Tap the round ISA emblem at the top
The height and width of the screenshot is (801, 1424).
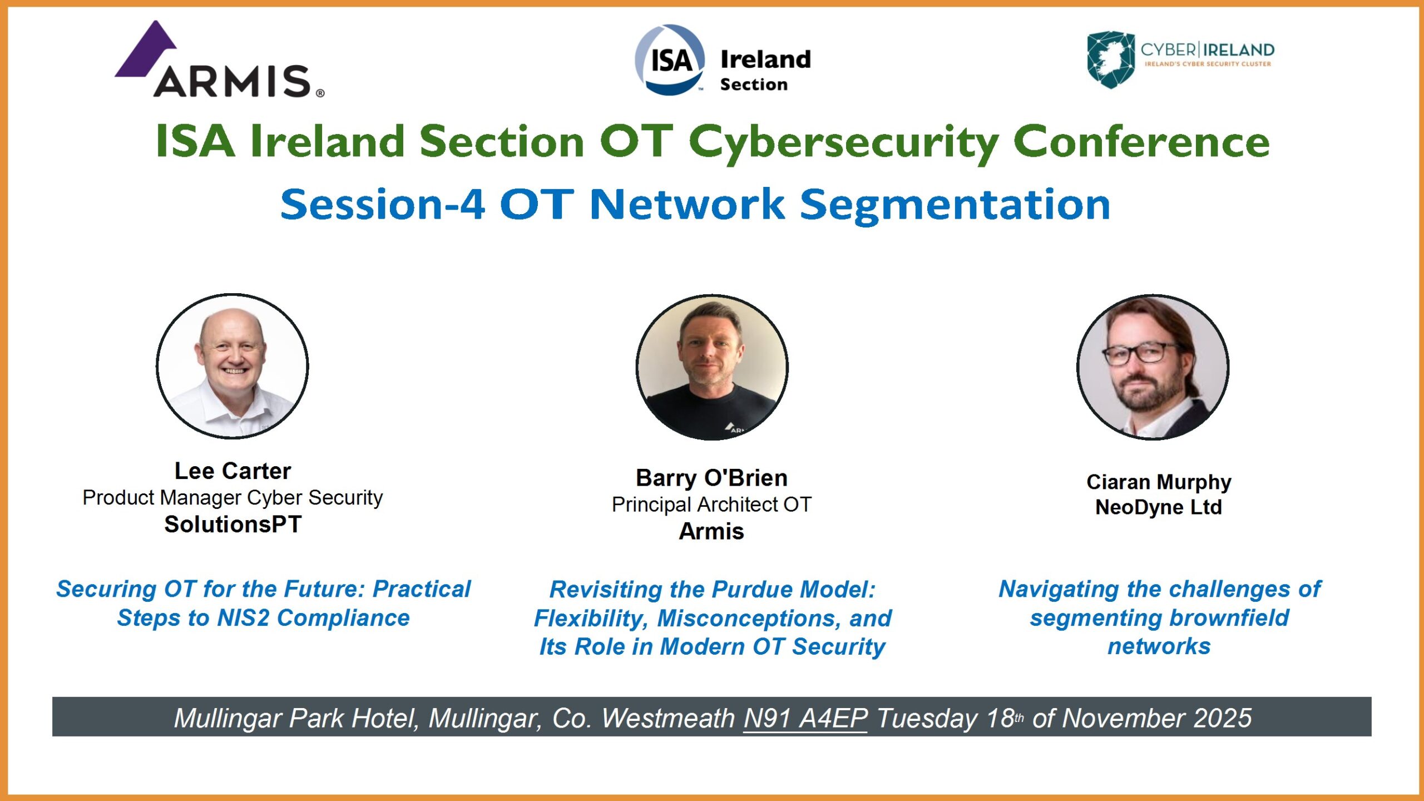670,60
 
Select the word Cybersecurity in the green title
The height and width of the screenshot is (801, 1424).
844,142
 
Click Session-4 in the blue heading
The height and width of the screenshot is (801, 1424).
383,204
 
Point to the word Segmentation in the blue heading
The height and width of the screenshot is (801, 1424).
955,206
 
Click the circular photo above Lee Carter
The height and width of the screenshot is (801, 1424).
233,366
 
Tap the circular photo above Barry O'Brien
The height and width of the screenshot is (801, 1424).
712,367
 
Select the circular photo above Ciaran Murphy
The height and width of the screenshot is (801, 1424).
1153,367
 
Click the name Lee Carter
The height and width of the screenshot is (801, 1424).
233,471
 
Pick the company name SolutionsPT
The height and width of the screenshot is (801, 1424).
233,525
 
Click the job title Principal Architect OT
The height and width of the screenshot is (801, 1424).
712,505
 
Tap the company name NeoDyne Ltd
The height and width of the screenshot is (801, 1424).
1159,507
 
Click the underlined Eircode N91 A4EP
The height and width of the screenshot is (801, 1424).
805,718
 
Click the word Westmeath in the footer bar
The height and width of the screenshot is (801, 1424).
668,718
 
